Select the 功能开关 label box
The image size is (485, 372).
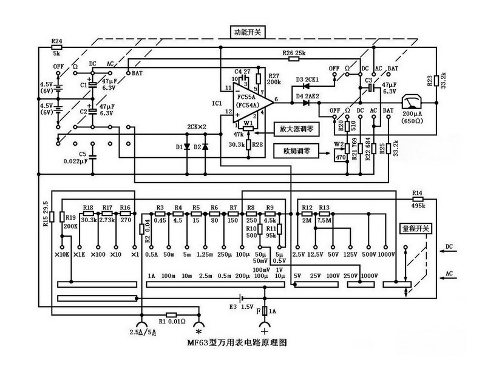coord(248,32)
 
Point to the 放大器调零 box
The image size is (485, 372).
coord(294,129)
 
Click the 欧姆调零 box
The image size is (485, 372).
coord(294,150)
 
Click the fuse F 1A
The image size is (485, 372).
coord(265,311)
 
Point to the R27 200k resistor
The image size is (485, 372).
coord(260,77)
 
